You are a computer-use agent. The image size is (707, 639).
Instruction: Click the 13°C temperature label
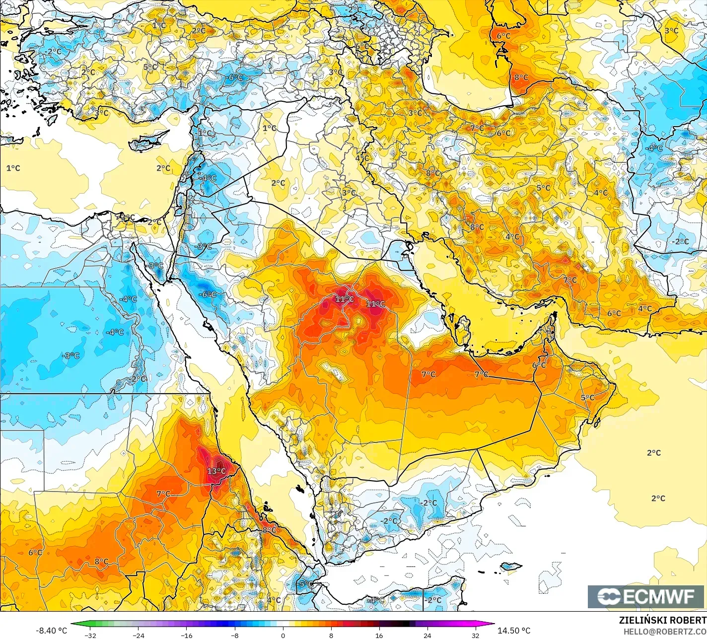pos(216,471)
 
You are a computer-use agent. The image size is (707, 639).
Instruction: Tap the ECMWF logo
pos(646,596)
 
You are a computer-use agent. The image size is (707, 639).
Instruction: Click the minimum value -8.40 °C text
pos(51,631)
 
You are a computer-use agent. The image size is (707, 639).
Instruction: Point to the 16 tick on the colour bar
pos(379,635)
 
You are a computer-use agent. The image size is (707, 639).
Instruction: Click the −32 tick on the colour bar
pos(90,635)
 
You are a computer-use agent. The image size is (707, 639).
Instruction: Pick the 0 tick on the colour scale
pos(283,635)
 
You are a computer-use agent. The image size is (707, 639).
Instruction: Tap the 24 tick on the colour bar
pos(427,635)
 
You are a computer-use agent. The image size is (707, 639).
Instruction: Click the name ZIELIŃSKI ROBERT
pos(662,620)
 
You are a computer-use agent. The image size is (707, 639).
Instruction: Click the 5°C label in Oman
pos(587,398)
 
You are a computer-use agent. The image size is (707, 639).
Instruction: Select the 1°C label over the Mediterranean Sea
pos(13,168)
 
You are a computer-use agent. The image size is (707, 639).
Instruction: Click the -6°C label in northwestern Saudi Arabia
pos(207,294)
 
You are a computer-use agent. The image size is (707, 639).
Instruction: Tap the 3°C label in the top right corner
pos(671,31)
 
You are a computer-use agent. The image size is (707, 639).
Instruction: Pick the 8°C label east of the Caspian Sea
pos(521,77)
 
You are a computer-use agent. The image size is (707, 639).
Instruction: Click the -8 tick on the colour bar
pos(235,635)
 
